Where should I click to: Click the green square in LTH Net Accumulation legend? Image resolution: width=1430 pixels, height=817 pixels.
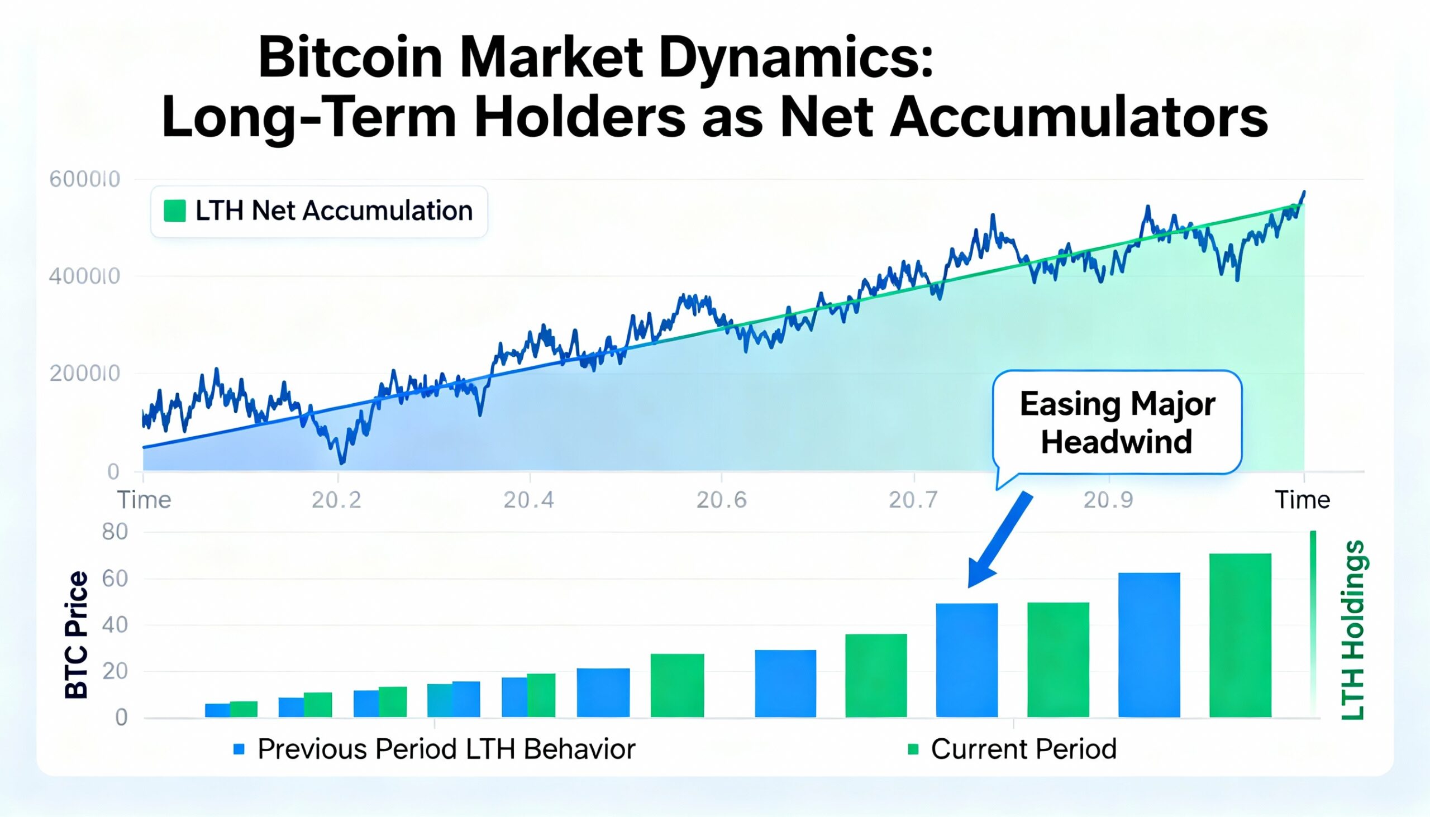point(174,211)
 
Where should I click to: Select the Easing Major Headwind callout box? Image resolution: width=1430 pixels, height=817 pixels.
point(1117,422)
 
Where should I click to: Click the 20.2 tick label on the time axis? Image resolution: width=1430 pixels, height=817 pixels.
point(336,499)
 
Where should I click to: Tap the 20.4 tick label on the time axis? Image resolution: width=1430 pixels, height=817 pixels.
point(528,499)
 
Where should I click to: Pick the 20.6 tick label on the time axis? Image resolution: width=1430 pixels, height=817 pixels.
point(721,499)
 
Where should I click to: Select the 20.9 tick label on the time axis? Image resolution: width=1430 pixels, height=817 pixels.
point(1107,499)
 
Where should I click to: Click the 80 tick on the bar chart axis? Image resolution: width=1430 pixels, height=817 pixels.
point(115,532)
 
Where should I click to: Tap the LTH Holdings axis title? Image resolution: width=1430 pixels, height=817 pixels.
point(1352,629)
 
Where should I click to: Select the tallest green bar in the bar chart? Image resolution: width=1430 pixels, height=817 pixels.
point(1240,634)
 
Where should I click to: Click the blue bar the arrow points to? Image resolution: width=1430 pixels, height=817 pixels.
point(966,660)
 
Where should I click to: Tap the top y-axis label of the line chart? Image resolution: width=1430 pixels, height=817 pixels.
point(85,179)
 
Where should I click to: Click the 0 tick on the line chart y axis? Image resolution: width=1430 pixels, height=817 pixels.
point(113,471)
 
